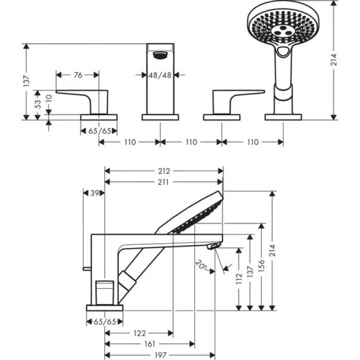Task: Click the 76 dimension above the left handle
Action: [x=78, y=75]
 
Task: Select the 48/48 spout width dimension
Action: [x=160, y=75]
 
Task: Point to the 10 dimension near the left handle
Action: [x=49, y=98]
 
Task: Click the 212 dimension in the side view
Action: [x=164, y=171]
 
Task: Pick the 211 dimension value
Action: [x=164, y=182]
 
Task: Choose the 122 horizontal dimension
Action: [x=139, y=333]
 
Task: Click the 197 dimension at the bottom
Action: [x=164, y=355]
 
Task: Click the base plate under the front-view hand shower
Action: [x=283, y=117]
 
